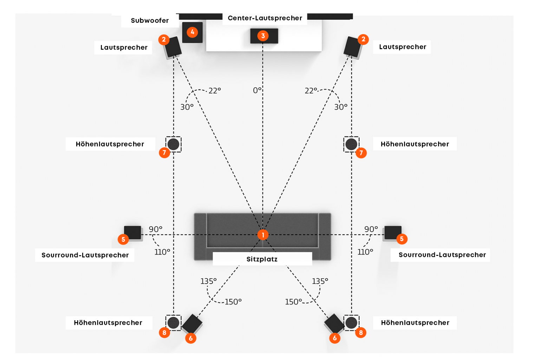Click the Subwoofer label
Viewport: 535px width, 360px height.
tap(150, 20)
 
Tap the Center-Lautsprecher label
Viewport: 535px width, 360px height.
tap(265, 18)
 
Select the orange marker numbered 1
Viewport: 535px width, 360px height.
tap(263, 234)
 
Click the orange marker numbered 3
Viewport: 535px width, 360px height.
tap(263, 36)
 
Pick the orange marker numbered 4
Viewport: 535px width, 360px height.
tap(192, 32)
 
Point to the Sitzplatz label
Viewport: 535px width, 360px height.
tap(262, 259)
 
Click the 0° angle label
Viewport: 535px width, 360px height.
tap(257, 90)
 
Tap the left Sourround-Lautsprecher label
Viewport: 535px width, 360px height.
tap(85, 255)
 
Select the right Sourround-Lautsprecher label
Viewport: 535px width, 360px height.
tap(442, 255)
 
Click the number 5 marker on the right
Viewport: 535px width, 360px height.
tap(402, 239)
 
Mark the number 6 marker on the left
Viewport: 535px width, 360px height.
tap(190, 338)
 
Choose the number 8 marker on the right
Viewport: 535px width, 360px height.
tap(361, 333)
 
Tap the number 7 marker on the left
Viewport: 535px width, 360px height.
tap(164, 153)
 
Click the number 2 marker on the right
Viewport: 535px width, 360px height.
tap(363, 39)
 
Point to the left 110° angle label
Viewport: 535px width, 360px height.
tap(162, 252)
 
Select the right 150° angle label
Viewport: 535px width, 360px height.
tap(293, 302)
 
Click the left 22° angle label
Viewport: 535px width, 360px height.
tap(215, 91)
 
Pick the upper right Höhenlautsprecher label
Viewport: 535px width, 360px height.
tap(415, 144)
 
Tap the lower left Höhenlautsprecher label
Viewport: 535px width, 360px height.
tap(108, 322)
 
